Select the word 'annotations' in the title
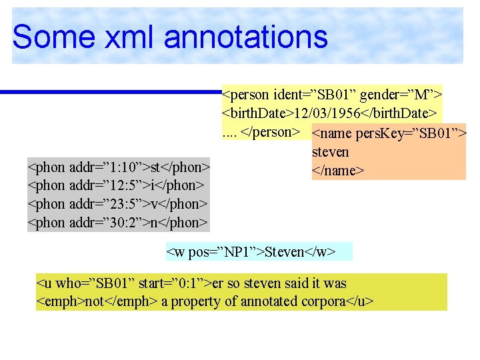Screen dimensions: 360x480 tap(247, 37)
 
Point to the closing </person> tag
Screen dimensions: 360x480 tap(269, 131)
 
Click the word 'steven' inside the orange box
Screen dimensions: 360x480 tap(330, 153)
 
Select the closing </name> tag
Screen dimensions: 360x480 tap(338, 171)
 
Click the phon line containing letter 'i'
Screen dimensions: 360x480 tap(115, 184)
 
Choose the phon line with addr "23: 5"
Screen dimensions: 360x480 tap(118, 203)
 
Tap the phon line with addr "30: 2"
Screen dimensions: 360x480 tap(118, 221)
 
